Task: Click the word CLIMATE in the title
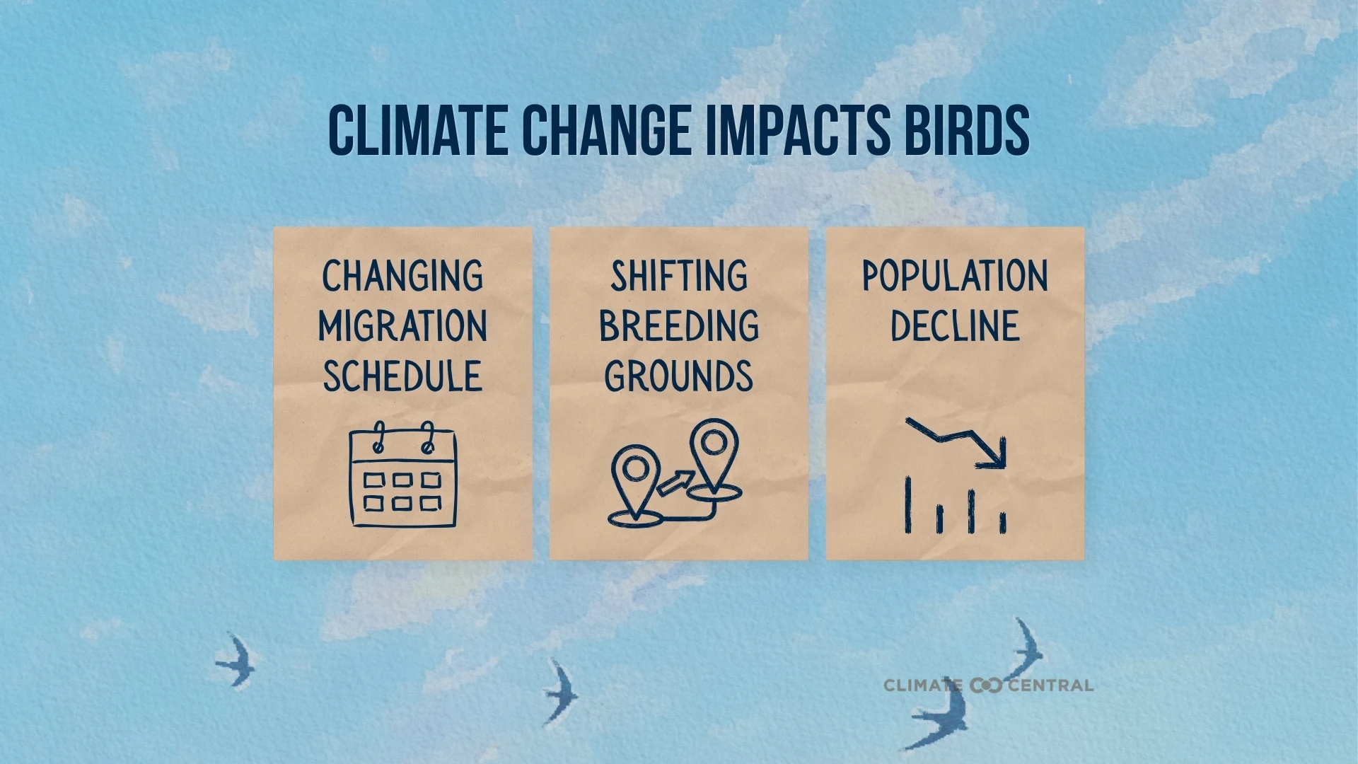(417, 131)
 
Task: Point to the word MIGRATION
(402, 326)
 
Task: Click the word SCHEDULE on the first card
(402, 376)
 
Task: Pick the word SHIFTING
(679, 276)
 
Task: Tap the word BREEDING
(679, 326)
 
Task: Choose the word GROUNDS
(679, 376)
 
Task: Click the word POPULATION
(955, 276)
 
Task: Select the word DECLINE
(955, 326)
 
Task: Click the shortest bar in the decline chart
(1002, 523)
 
